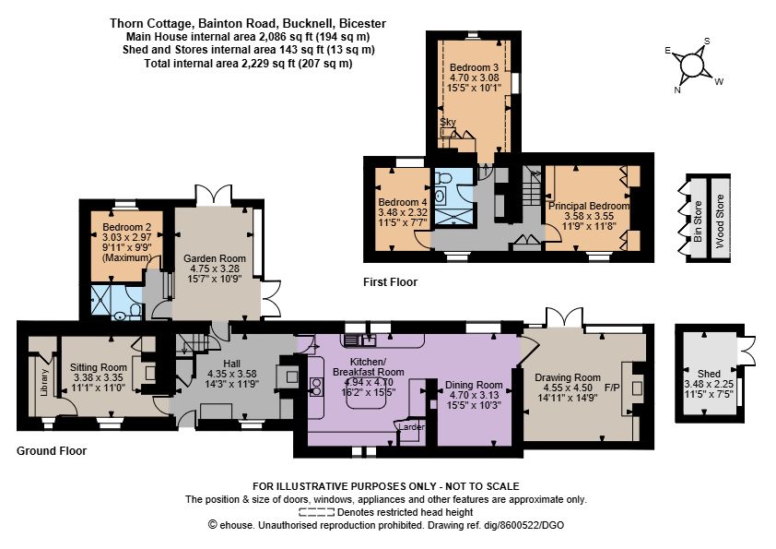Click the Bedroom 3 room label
(474, 67)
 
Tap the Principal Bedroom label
(589, 206)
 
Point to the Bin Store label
(698, 221)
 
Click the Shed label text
(709, 374)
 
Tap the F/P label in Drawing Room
(612, 388)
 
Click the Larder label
(411, 426)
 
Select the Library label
(44, 382)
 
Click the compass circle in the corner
(691, 66)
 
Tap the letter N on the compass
(677, 90)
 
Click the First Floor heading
(390, 282)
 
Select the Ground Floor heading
(52, 451)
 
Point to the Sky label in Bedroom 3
(448, 122)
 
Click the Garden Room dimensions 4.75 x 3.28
(215, 269)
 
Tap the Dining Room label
(474, 385)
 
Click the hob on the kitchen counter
(315, 387)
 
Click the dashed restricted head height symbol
(316, 512)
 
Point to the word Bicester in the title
(365, 23)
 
